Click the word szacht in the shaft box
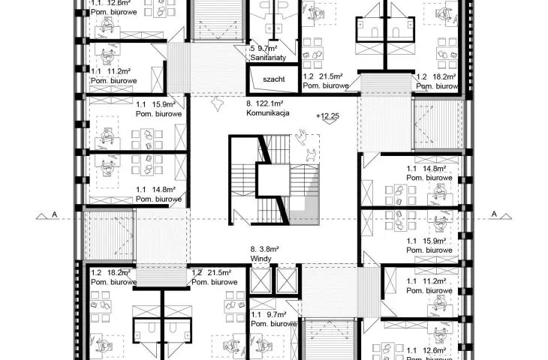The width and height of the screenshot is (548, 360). (274, 79)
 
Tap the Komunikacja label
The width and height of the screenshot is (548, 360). (268, 112)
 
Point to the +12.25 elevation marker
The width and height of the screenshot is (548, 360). (327, 116)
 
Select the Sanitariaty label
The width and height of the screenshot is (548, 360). (268, 58)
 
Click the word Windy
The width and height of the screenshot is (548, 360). (260, 259)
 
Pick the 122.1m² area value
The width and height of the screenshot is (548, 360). (269, 103)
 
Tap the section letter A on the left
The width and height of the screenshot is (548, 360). (54, 214)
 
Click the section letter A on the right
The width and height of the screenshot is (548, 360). (494, 214)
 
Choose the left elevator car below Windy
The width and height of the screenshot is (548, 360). (260, 280)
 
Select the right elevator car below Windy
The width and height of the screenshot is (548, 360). (287, 280)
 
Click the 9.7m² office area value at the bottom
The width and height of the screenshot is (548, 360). (276, 314)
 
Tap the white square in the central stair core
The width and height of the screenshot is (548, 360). (273, 180)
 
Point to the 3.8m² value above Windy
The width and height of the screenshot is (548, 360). (269, 249)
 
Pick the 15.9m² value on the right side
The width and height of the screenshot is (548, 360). (434, 241)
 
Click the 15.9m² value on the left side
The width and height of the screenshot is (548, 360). (164, 104)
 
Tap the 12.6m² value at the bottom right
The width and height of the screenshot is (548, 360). (434, 350)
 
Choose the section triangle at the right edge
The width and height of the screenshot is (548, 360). (505, 217)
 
